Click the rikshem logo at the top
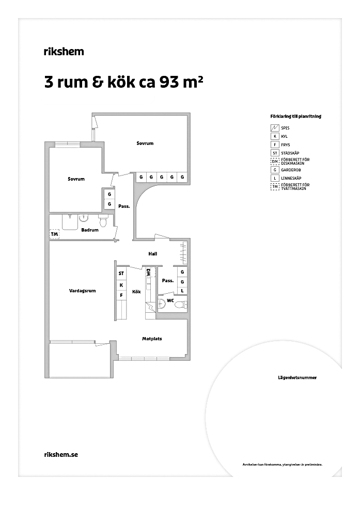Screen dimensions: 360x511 pos(64,52)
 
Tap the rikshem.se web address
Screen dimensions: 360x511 pos(61,454)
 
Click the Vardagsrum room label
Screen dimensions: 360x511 pos(83,291)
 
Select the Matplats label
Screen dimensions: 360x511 pos(152,339)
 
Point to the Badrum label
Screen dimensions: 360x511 pos(90,230)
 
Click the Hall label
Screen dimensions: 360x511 pos(152,253)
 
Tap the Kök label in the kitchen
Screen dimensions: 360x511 pos(136,292)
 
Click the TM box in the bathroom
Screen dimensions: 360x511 pos(54,234)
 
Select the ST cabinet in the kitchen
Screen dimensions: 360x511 pos(121,274)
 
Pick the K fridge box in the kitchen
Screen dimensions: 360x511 pos(121,285)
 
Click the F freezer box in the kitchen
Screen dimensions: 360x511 pos(121,295)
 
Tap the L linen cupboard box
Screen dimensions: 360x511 pos(182,291)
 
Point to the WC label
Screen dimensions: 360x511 pos(170,300)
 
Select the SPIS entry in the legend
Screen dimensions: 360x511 pos(280,128)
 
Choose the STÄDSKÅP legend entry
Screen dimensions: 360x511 pos(285,153)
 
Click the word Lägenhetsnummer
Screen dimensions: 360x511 pos(298,378)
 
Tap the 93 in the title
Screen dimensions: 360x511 pos(169,83)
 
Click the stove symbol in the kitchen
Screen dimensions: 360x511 pos(151,307)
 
